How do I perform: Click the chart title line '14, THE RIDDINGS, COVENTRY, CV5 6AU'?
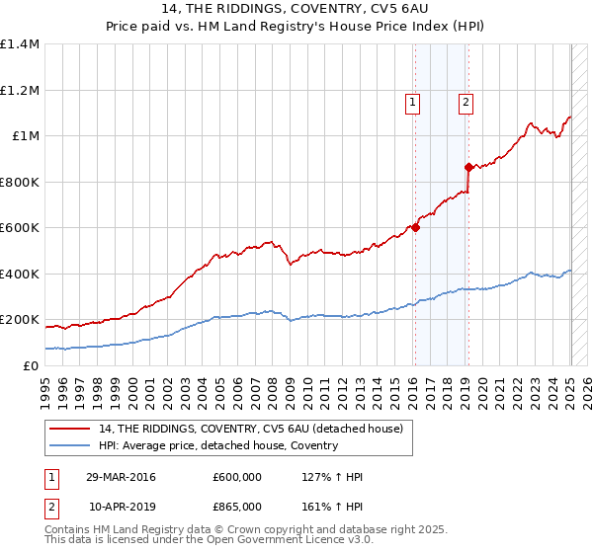[x=296, y=9]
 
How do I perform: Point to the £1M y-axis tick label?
[x=26, y=136]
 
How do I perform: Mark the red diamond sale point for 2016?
[x=415, y=227]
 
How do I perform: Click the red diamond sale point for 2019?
[x=468, y=167]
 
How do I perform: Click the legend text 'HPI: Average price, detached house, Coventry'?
[x=218, y=445]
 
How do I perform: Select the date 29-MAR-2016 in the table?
[x=122, y=477]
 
